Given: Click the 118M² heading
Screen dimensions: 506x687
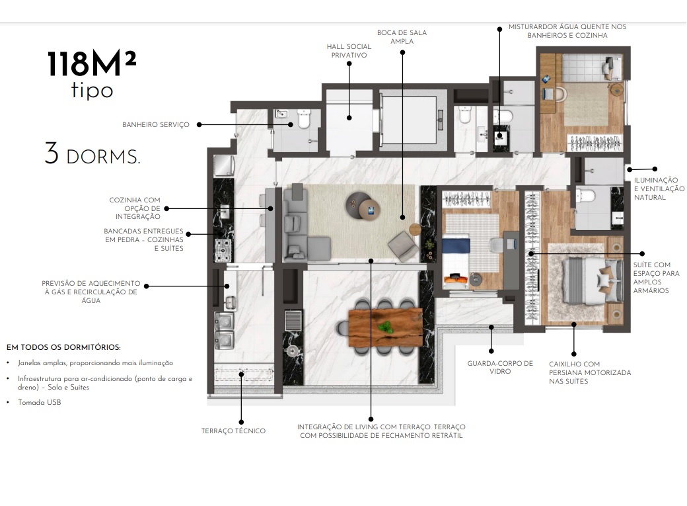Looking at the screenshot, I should pos(92,64).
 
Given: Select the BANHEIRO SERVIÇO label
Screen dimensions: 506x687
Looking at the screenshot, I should pos(156,124).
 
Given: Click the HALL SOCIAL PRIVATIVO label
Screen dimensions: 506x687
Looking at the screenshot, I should pos(349,51).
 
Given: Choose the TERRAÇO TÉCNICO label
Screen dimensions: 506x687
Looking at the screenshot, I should pos(233,431).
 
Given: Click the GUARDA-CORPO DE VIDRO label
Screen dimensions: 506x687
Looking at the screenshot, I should pos(490,367).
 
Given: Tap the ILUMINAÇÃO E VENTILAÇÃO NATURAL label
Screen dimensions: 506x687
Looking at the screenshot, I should pos(656,189).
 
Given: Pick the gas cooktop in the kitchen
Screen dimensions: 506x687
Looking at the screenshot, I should pos(222,251).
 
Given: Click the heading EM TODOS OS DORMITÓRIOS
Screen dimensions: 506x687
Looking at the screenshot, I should pos(63,347).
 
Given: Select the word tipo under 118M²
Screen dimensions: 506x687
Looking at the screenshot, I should pos(92,91).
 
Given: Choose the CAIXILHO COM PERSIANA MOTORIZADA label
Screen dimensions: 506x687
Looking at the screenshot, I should pos(590,372).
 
